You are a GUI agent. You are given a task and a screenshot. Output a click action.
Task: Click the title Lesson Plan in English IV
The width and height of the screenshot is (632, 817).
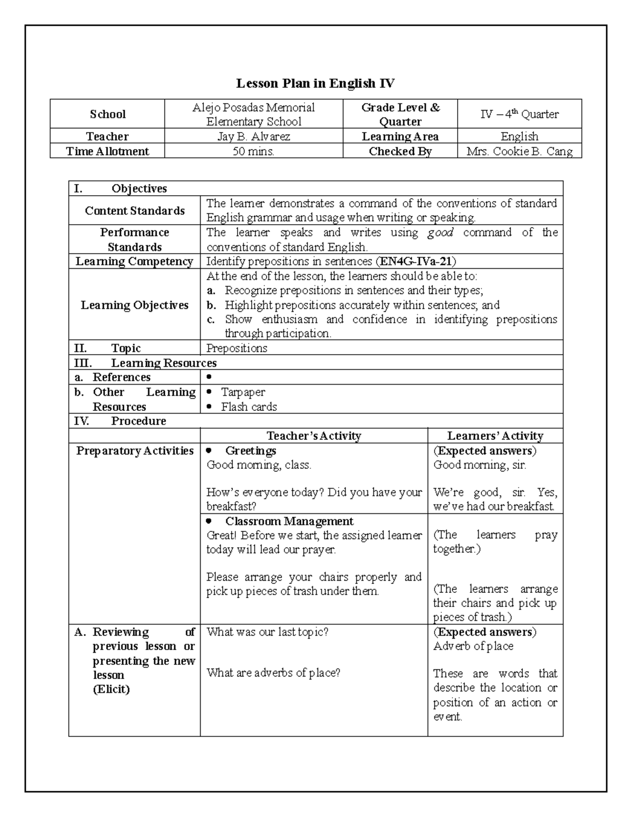pos(315,83)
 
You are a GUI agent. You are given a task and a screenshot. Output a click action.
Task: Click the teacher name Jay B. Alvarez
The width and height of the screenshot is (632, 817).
pos(253,137)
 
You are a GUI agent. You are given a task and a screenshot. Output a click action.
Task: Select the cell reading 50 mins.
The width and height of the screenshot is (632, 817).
pos(253,152)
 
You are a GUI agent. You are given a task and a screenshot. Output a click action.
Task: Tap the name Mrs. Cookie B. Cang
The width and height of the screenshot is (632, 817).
pos(519,152)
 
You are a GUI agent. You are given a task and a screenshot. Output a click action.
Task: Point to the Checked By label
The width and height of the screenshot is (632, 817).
pos(400,152)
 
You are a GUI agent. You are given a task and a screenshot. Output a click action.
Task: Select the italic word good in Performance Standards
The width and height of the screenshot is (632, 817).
pos(440,233)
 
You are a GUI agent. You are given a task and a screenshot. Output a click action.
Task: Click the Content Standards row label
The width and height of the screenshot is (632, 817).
pos(134,211)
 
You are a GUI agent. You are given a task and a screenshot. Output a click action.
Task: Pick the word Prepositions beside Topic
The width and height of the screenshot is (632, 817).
pos(236,348)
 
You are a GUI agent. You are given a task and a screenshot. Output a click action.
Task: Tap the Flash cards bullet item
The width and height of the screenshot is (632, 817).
pos(249,407)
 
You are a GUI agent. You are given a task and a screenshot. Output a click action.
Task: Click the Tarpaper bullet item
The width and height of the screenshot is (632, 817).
pos(243,392)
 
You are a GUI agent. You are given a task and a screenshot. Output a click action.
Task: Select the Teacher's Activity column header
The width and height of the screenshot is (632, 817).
pos(313,436)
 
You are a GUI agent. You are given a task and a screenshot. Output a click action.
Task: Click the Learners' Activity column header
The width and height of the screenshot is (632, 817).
pos(495,436)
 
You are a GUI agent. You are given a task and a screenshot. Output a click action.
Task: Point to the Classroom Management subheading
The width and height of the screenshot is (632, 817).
pos(289,521)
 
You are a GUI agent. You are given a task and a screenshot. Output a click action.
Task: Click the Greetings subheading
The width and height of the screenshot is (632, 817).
pos(250,451)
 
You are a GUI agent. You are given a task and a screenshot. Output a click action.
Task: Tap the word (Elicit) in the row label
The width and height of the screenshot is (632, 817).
pos(111,689)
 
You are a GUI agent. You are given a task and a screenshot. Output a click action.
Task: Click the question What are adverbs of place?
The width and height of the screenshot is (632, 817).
pos(273,673)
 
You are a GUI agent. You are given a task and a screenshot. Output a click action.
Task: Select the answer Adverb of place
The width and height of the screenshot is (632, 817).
pos(473,646)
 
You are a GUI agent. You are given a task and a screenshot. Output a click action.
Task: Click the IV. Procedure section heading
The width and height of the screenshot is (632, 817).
pos(138,421)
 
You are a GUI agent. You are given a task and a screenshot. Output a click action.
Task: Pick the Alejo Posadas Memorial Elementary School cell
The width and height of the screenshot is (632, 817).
pos(253,114)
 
